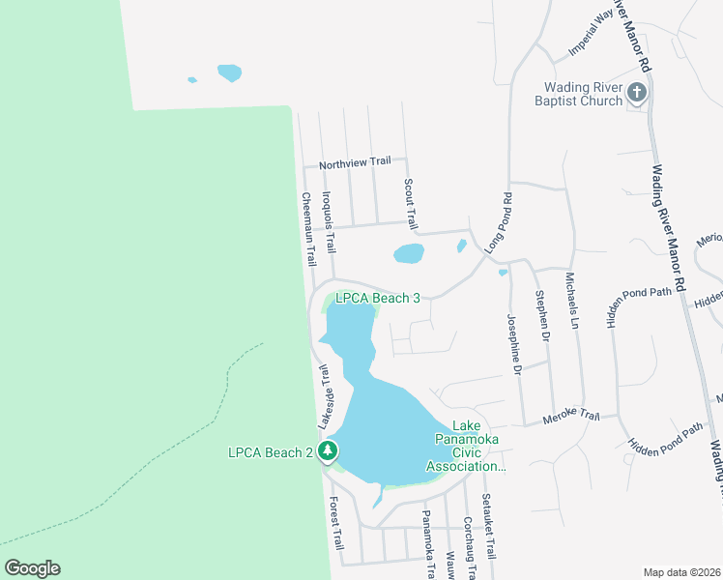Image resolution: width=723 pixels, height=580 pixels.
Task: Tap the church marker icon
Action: [x=637, y=93]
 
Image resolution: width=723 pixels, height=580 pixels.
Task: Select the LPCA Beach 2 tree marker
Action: [x=328, y=450]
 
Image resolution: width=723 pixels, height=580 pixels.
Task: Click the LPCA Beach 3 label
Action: [x=377, y=299]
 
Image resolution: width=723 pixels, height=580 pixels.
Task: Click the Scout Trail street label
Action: [x=410, y=204]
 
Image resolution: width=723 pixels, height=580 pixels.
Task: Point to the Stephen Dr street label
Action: [x=544, y=318]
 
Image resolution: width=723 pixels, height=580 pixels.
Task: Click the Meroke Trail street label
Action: [x=571, y=417]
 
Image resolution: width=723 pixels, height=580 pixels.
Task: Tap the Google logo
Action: [x=32, y=568]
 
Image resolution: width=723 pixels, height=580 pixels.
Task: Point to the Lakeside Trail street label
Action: [x=326, y=397]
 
